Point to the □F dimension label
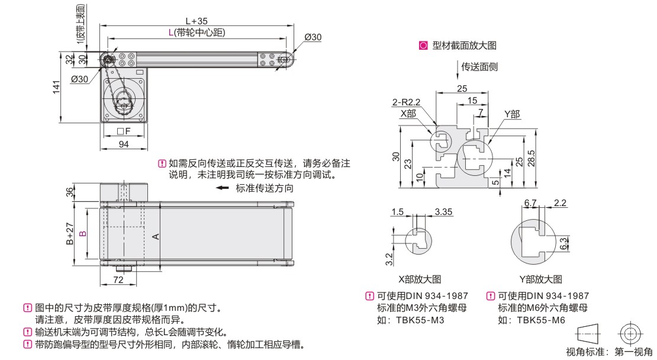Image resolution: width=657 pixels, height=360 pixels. coord(124,131)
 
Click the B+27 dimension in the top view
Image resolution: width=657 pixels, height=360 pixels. coord(69,233)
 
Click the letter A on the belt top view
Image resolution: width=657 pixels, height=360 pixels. coord(155,236)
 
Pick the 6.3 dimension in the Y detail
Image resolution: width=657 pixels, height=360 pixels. coord(563,243)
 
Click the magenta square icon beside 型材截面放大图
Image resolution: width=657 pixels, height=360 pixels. coord(423,45)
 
